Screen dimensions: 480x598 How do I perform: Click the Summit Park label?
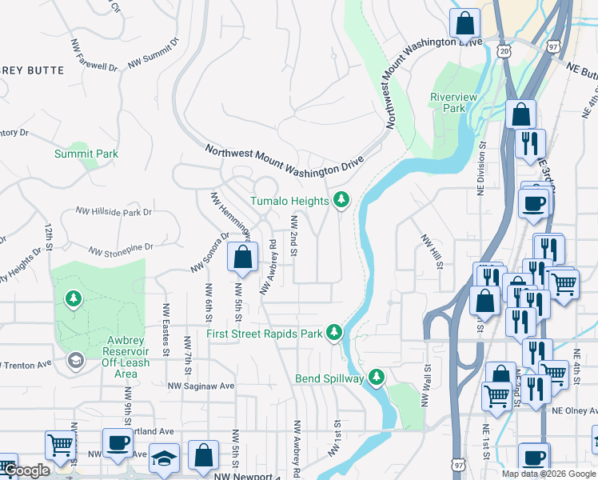[x=86, y=154]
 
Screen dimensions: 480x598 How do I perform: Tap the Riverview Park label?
[x=453, y=102]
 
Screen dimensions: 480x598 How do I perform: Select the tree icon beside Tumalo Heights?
[x=342, y=199]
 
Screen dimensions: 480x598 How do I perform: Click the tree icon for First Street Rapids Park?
[x=333, y=332]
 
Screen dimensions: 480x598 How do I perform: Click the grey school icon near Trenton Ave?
[x=75, y=361]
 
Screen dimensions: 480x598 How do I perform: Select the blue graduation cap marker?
[x=164, y=458]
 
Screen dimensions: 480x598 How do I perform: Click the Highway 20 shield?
[x=502, y=50]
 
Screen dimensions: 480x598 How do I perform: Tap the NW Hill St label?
[x=431, y=251]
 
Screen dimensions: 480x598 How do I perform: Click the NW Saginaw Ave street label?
[x=201, y=386]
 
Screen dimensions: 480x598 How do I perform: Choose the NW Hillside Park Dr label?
[x=114, y=212]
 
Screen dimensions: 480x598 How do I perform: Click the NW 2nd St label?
[x=294, y=236]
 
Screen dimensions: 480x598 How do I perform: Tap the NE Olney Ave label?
[x=574, y=410]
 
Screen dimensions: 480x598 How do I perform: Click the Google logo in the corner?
[x=26, y=470]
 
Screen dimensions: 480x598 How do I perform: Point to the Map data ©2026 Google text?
[x=548, y=474]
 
